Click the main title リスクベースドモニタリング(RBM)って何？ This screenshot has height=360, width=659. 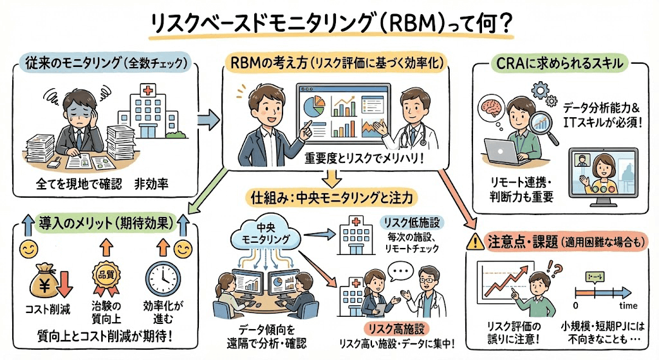pyautogui.click(x=329, y=23)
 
